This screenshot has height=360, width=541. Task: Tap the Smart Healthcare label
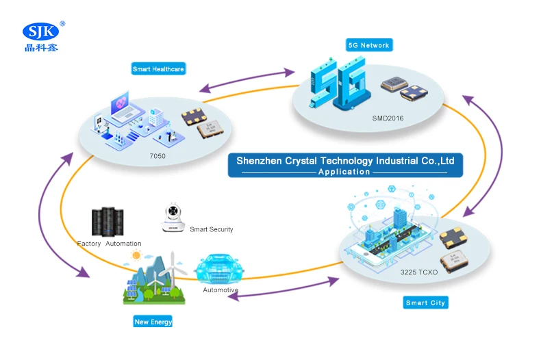click(x=158, y=69)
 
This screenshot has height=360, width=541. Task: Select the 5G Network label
click(x=369, y=45)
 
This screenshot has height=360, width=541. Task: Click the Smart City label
click(x=425, y=303)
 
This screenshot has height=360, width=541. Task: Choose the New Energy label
click(x=153, y=322)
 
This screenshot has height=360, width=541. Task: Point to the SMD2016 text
click(x=388, y=118)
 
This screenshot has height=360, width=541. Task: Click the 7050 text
click(x=158, y=156)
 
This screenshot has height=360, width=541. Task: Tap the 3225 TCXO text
click(x=418, y=272)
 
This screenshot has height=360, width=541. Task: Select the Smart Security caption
click(x=211, y=229)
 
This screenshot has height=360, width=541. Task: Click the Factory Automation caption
click(x=109, y=244)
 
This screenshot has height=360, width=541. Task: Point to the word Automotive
click(x=221, y=290)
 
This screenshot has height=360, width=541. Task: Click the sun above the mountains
click(x=136, y=255)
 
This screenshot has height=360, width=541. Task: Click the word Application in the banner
click(x=344, y=172)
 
